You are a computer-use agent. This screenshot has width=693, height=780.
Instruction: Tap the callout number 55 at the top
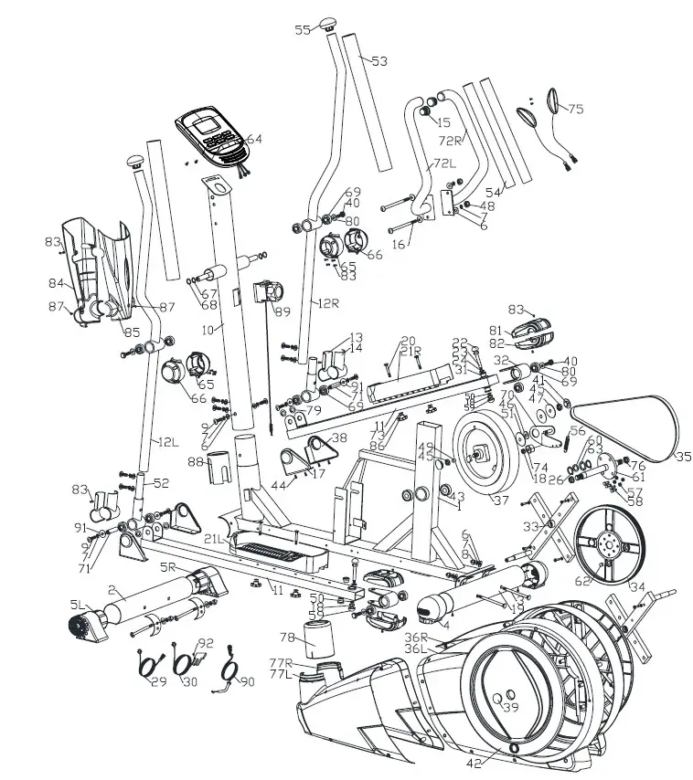pyautogui.click(x=303, y=30)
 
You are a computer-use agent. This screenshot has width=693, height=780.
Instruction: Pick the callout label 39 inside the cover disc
pyautogui.click(x=510, y=707)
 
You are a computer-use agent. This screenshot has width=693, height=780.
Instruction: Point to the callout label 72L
pyautogui.click(x=444, y=163)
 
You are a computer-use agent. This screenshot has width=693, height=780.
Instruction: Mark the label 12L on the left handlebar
pyautogui.click(x=166, y=442)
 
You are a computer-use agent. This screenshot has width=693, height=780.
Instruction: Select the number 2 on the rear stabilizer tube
pyautogui.click(x=111, y=590)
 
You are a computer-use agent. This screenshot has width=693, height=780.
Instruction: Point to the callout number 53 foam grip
pyautogui.click(x=378, y=61)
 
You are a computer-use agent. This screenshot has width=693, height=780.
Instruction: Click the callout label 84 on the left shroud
pyautogui.click(x=56, y=283)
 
